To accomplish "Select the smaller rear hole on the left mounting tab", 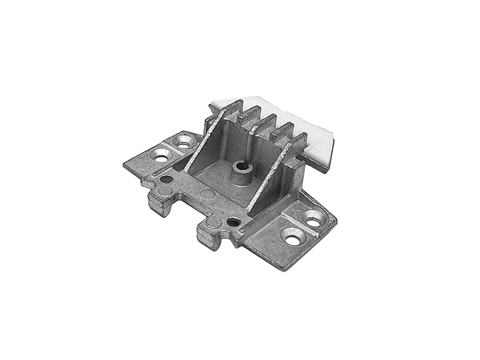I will point(184,142).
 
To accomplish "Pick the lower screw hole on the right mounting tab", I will point(293,237).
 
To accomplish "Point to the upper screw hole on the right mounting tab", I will point(313,217).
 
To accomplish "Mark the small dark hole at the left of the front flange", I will point(167,180).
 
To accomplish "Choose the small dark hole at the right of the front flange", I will point(233,221).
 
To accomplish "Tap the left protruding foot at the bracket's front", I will point(158,202).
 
